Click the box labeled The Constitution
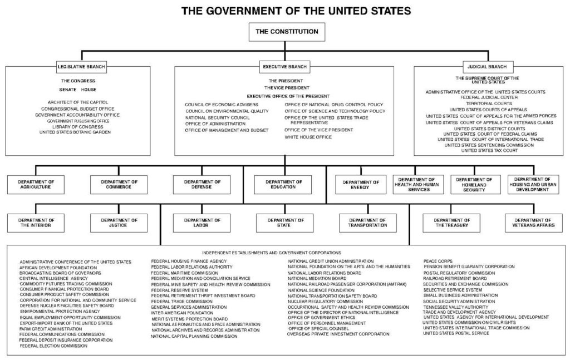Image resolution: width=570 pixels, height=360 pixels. coord(287,32)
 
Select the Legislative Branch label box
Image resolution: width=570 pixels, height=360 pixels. coord(81,67)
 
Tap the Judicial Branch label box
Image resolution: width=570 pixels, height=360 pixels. coord(487,67)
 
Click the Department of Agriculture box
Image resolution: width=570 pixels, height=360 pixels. coord(36,185)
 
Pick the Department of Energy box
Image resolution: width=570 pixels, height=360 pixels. coord(360,185)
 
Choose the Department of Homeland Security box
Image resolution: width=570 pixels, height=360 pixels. coord(474,185)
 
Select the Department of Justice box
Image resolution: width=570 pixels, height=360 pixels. coord(119,223)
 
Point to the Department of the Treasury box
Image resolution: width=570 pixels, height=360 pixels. coord(451,223)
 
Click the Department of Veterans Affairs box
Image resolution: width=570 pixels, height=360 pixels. coord(534,223)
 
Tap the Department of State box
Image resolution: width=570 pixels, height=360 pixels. coord(284,223)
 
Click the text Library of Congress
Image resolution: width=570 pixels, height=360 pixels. coord(78,127)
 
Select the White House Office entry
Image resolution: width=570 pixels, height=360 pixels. coord(308,137)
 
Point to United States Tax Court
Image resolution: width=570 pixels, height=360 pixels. coord(489,150)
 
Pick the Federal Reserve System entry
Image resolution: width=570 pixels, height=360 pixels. coord(180,290)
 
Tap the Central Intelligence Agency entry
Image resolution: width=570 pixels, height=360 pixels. coord(53,278)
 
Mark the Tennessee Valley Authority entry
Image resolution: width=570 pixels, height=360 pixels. coord(455,307)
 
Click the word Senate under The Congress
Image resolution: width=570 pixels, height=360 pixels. coord(68,90)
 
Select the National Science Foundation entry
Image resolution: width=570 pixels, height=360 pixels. coord(321,290)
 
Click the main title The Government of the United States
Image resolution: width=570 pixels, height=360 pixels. coord(296,11)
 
